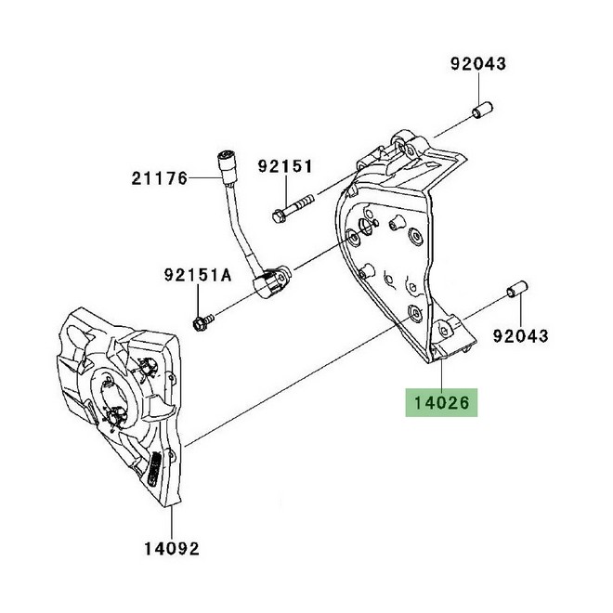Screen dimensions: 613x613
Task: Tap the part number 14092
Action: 170,548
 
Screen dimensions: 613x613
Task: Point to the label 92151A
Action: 197,276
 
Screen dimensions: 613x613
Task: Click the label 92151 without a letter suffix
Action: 285,166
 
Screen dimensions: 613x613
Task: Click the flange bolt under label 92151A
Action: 200,321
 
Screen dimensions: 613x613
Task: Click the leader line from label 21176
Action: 204,176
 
